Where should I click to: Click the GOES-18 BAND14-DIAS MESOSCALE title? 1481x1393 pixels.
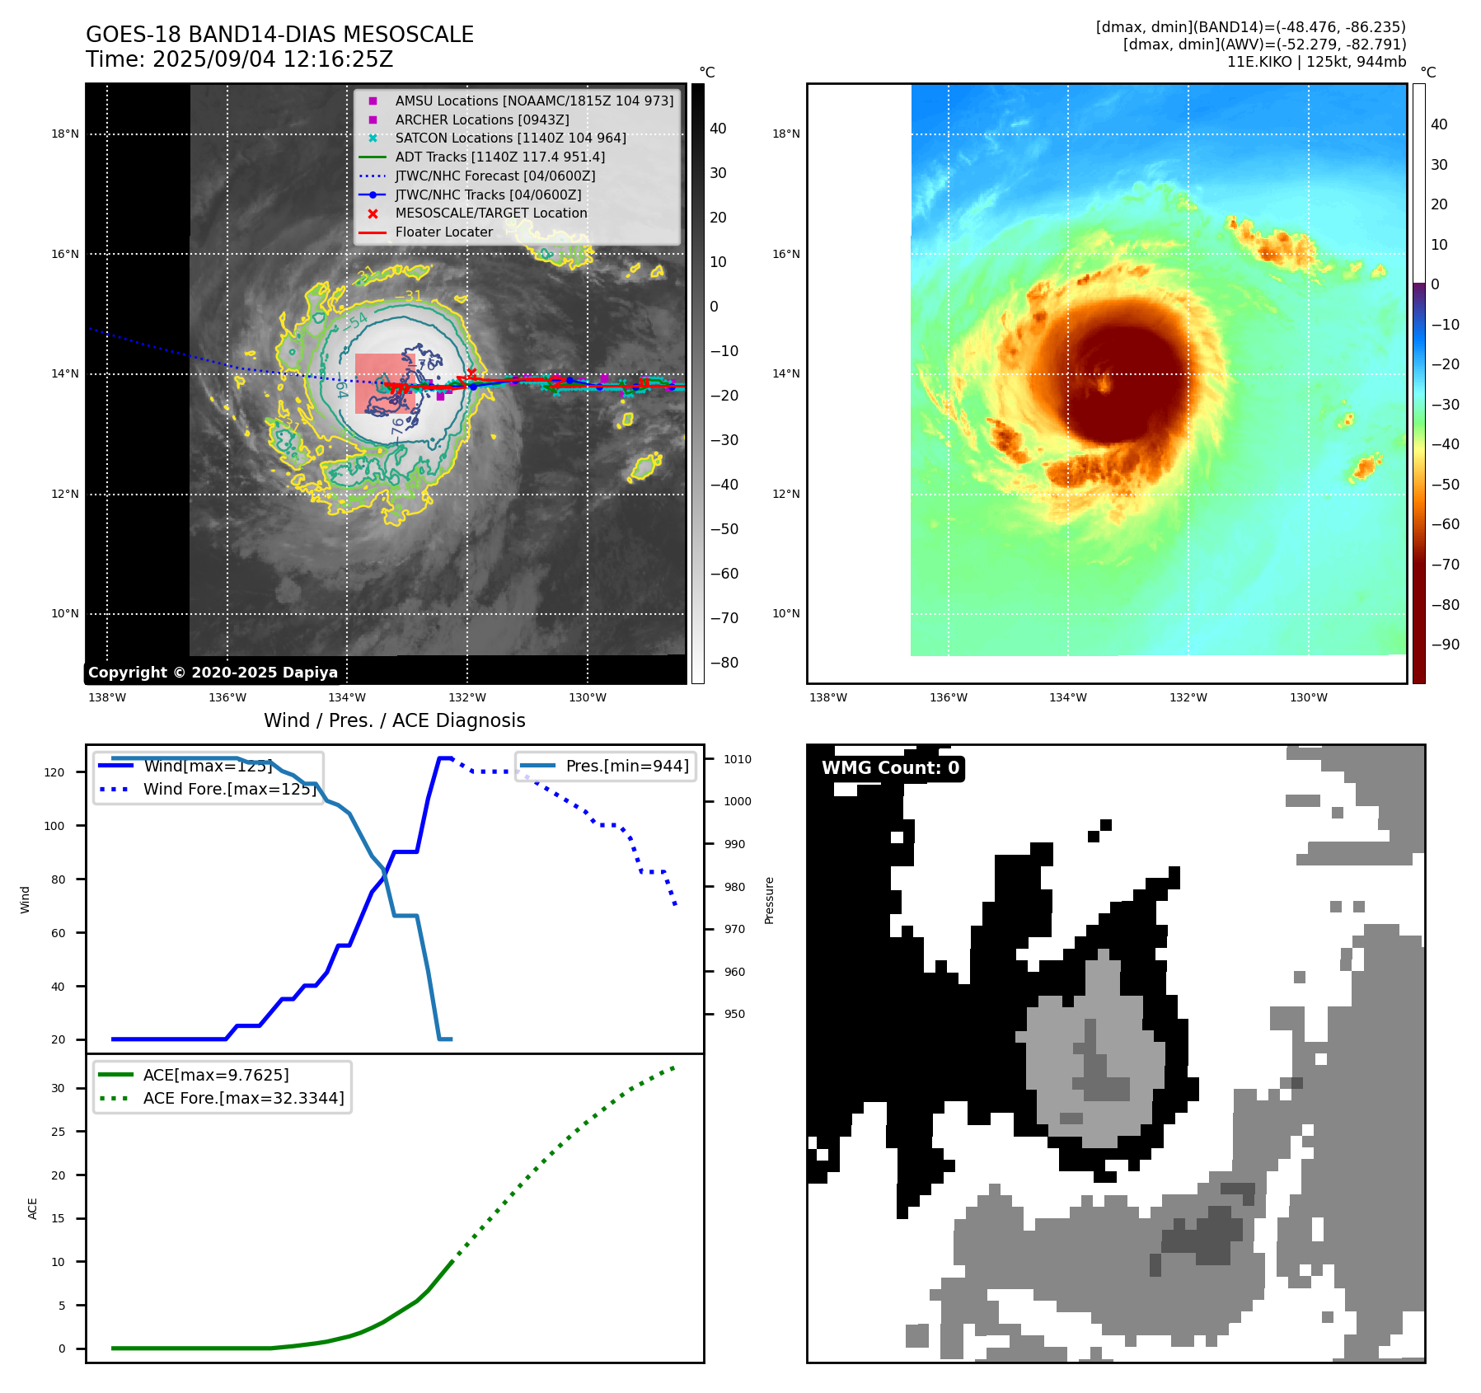coord(279,35)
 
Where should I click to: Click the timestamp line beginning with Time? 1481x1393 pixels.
coord(239,59)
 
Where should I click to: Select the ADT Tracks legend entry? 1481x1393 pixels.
coord(499,157)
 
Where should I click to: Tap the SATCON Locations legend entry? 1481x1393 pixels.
coord(510,138)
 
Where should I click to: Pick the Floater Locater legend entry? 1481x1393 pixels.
coord(443,232)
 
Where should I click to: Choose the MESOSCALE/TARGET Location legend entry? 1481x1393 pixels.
coord(490,213)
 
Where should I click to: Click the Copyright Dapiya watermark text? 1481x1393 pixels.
coord(213,673)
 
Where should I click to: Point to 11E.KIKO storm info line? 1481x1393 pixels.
coord(1316,62)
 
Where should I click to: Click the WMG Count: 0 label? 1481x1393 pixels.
coord(890,768)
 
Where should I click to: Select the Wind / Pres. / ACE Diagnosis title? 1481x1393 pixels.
coord(394,720)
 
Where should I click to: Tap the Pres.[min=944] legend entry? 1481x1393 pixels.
coord(626,766)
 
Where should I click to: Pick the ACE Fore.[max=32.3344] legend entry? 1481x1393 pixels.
coord(243,1098)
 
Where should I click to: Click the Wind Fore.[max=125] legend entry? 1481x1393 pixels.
coord(229,789)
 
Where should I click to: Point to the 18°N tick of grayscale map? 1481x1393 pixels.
coord(65,134)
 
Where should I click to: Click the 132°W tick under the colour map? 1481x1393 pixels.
coord(1188,697)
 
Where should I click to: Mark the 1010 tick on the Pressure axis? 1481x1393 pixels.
coord(738,759)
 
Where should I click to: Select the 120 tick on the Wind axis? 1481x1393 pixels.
coord(54,772)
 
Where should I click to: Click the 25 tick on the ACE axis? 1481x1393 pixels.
coord(58,1132)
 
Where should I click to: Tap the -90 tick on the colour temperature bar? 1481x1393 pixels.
coord(1445,645)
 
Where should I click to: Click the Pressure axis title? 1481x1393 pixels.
coord(769,900)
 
